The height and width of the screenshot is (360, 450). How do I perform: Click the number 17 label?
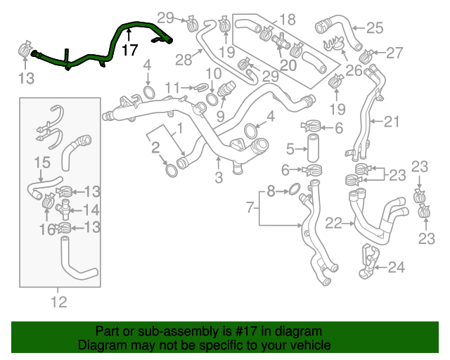pyautogui.click(x=129, y=51)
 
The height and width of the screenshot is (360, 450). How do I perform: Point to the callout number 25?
pyautogui.click(x=375, y=28)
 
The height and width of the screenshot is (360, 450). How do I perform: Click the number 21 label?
pyautogui.click(x=391, y=122)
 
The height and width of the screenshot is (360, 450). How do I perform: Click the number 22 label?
pyautogui.click(x=334, y=223)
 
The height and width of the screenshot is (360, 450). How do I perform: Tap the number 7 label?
pyautogui.click(x=250, y=207)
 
